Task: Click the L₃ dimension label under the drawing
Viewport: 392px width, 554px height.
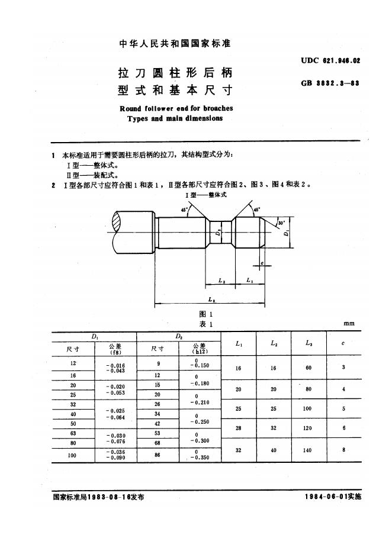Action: pos(211,300)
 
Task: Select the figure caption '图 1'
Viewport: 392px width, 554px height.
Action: pos(205,314)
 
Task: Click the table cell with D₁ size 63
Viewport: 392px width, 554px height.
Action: pos(73,433)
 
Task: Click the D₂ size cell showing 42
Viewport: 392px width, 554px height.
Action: pos(158,424)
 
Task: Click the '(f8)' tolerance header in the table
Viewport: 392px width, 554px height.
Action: pos(115,352)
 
